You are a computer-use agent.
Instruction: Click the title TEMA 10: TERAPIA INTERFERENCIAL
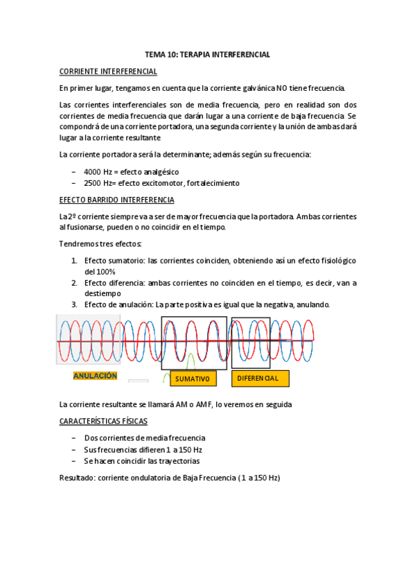click(x=207, y=54)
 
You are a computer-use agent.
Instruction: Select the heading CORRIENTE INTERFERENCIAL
click(x=108, y=71)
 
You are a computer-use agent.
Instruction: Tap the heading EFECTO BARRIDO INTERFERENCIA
click(x=117, y=200)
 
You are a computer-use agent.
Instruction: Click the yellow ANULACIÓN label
click(x=96, y=375)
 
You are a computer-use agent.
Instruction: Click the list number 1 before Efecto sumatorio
click(x=74, y=261)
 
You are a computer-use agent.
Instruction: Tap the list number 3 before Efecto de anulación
click(x=74, y=304)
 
